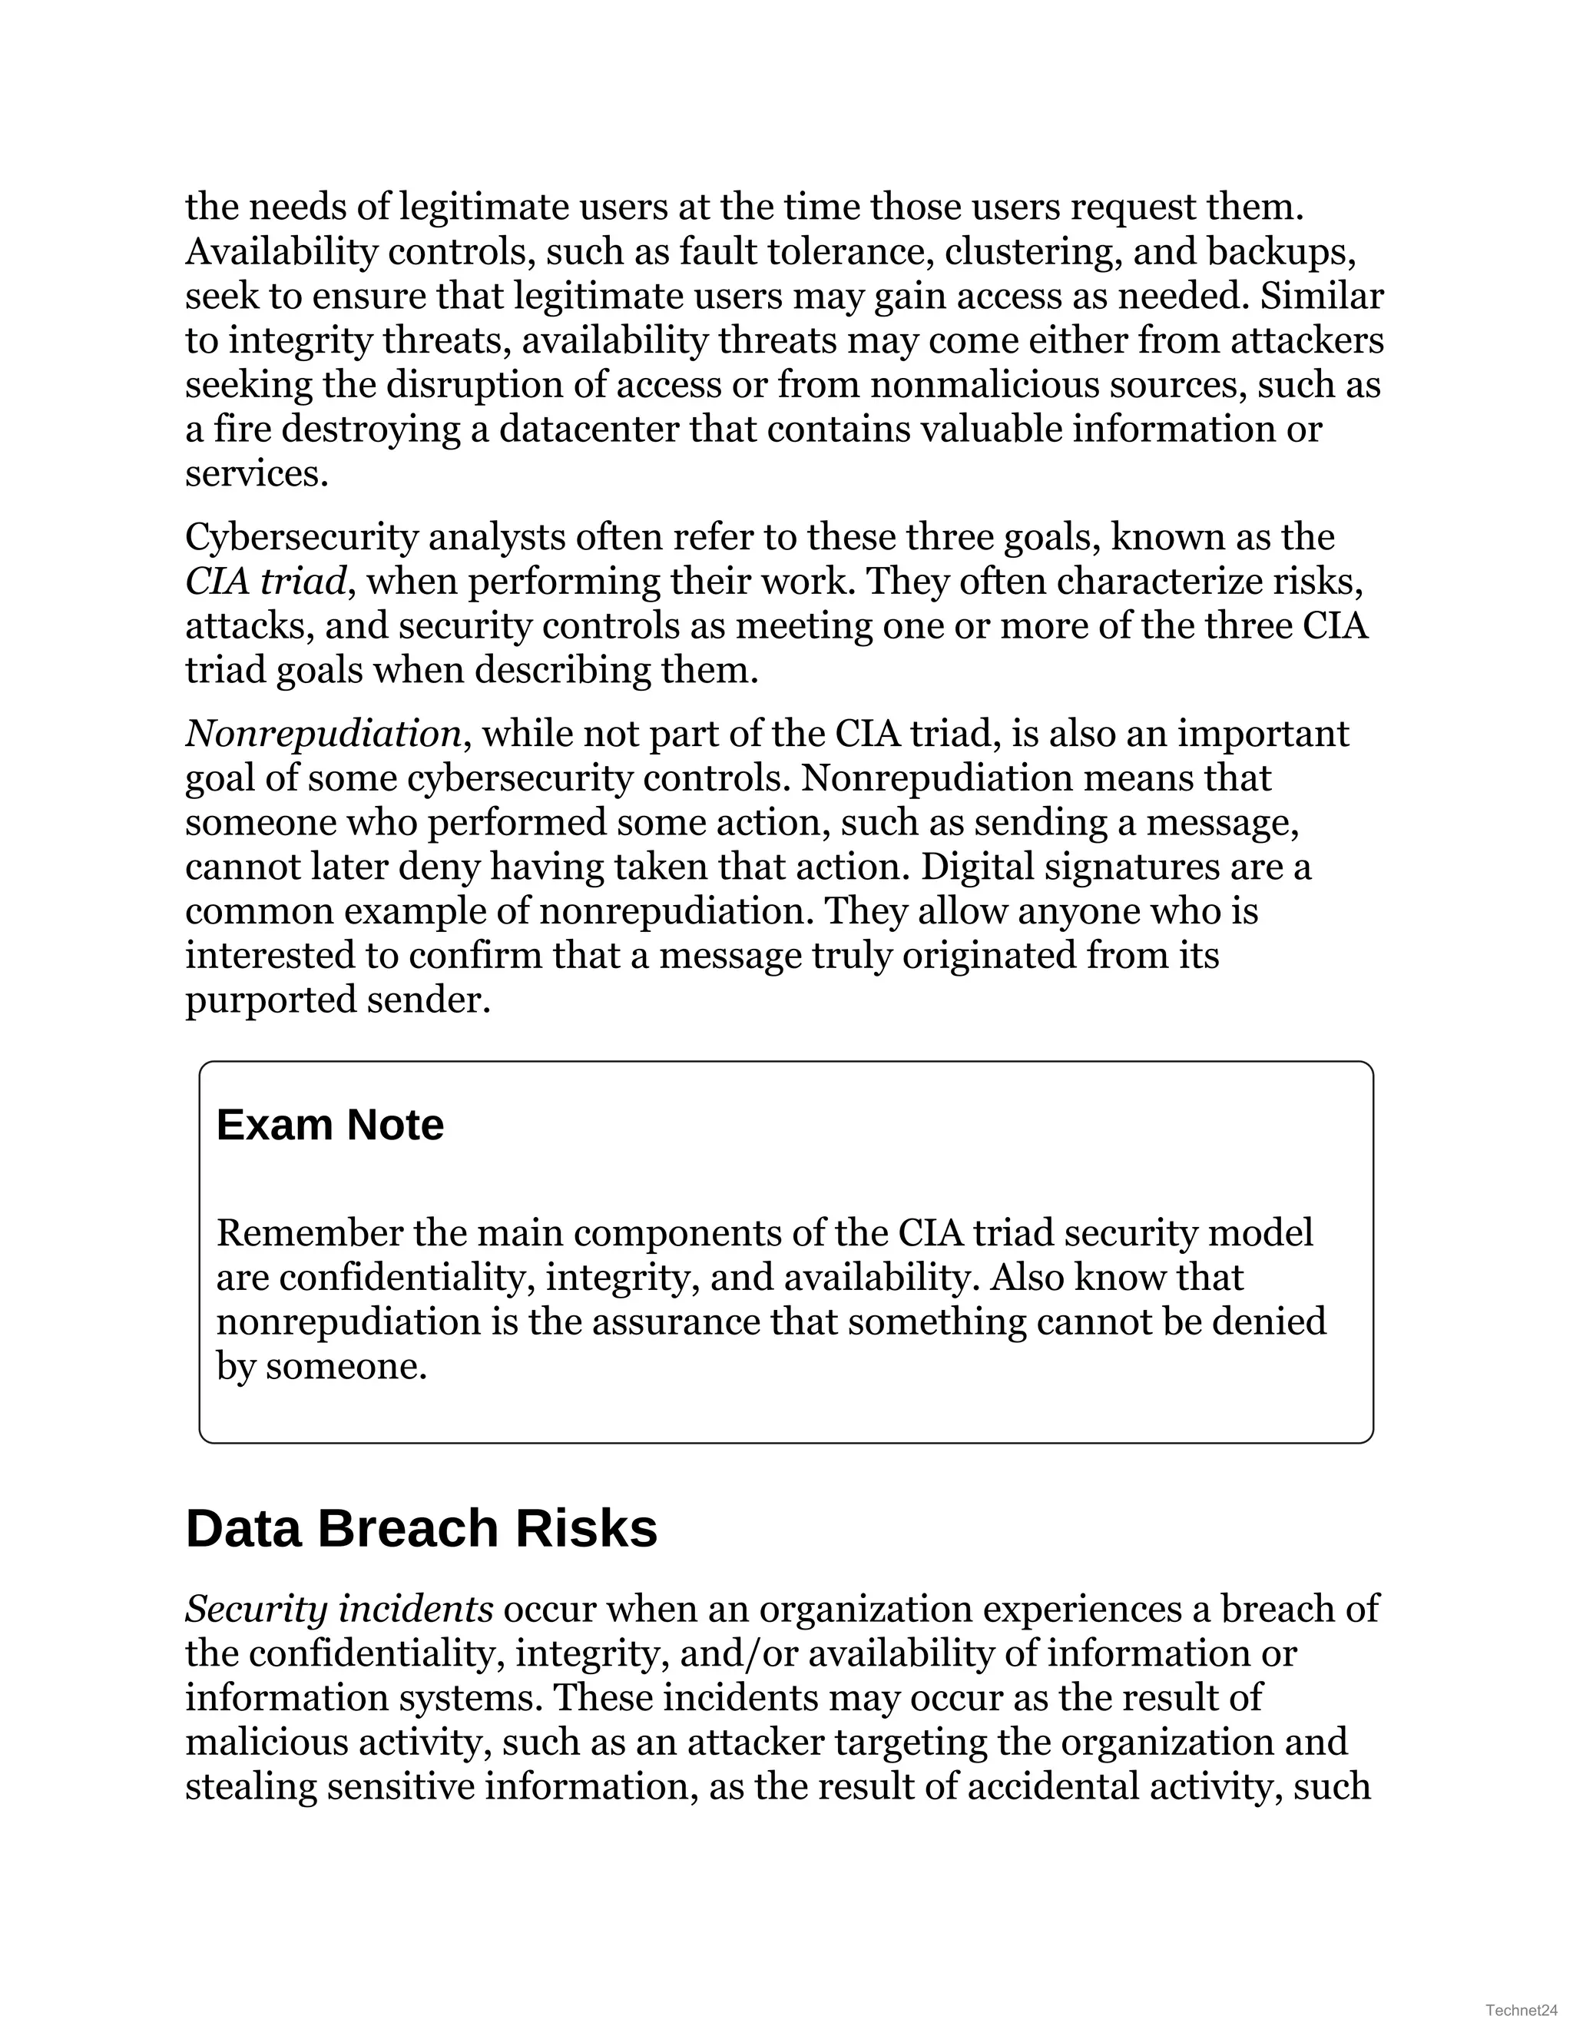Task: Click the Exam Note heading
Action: point(330,1126)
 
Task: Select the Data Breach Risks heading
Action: point(421,1529)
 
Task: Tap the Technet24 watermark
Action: point(1522,2010)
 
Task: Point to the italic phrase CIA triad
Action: point(266,582)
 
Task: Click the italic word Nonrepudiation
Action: point(323,734)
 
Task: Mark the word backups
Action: point(1280,252)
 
